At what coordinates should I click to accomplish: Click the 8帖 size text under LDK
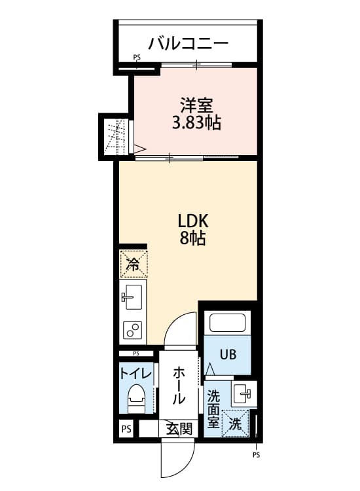[x=193, y=239]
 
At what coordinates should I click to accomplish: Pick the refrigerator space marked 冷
[x=133, y=264]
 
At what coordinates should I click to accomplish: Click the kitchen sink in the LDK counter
[x=133, y=298]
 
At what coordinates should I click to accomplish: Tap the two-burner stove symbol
[x=133, y=330]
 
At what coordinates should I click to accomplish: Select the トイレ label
[x=135, y=374]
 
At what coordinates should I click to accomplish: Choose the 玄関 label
[x=179, y=429]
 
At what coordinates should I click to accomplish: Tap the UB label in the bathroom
[x=227, y=355]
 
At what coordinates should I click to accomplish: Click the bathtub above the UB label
[x=227, y=324]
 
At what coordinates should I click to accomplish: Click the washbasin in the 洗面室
[x=243, y=393]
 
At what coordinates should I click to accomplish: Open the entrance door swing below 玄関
[x=175, y=462]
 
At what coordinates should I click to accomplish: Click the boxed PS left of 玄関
[x=126, y=429]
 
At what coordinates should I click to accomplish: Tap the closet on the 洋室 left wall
[x=115, y=137]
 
